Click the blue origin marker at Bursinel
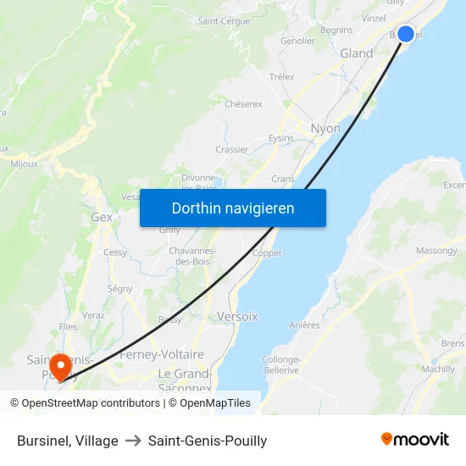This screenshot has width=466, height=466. click(x=406, y=34)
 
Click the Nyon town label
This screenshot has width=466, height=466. click(x=326, y=129)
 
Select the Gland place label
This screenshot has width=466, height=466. click(x=356, y=53)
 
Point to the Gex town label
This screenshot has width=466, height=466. click(x=102, y=217)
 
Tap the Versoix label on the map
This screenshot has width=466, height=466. click(x=237, y=316)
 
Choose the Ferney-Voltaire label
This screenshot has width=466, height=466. click(x=162, y=354)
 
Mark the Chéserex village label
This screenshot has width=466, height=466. click(x=243, y=104)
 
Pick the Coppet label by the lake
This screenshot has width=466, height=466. click(x=267, y=253)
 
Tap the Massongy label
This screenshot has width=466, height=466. click(x=436, y=251)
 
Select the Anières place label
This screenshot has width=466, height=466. click(x=304, y=325)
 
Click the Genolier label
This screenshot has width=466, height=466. click(x=297, y=41)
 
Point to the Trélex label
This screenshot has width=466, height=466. click(x=281, y=76)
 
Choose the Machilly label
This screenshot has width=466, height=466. click(x=438, y=369)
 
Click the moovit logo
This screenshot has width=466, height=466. click(x=415, y=440)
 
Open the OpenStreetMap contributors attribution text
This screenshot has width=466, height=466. click(x=85, y=403)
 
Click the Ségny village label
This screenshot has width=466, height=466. click(x=119, y=289)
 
